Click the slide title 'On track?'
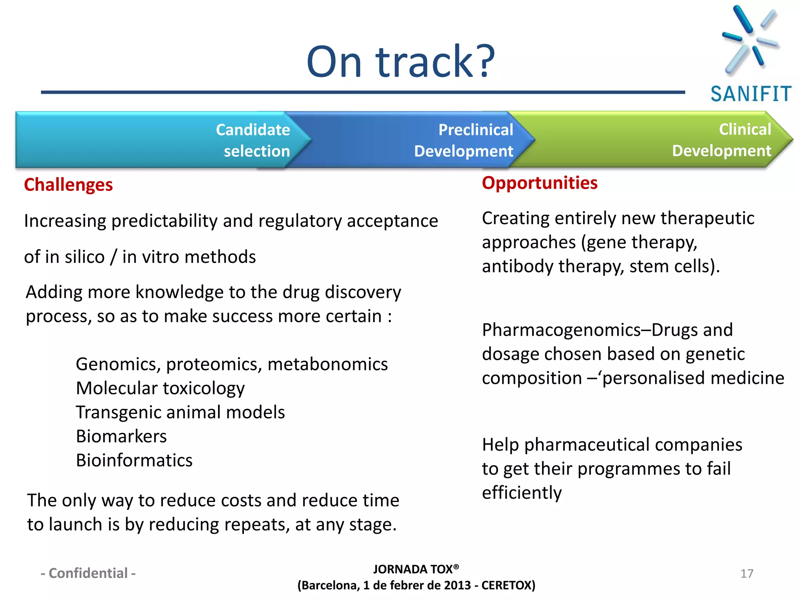(x=401, y=62)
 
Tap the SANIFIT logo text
(x=751, y=94)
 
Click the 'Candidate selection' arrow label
(x=253, y=140)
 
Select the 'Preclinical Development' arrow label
(x=464, y=140)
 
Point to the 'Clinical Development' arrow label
(x=722, y=140)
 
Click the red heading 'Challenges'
(x=68, y=185)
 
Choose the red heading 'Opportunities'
(x=539, y=183)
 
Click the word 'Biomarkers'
(x=121, y=436)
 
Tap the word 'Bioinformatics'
(x=134, y=460)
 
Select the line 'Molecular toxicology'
(x=160, y=388)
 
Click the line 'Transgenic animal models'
(x=180, y=412)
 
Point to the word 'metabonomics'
(x=327, y=364)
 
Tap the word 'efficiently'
(x=522, y=493)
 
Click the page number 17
(x=747, y=574)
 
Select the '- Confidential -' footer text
(x=88, y=573)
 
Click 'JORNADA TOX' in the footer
(x=413, y=569)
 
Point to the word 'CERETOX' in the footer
(x=508, y=585)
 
